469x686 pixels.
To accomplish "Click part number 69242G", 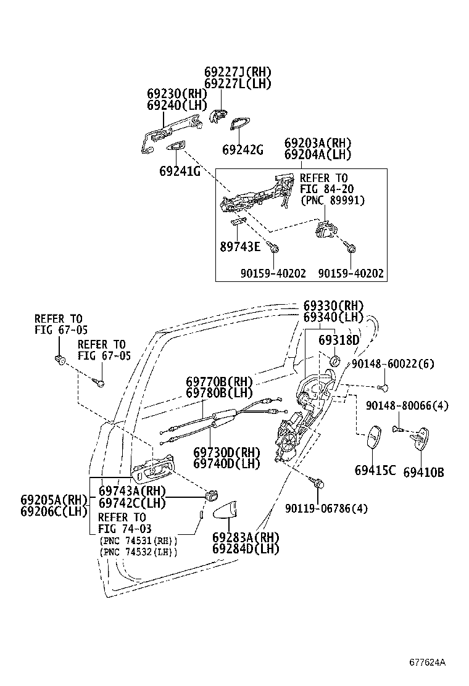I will point(243,150).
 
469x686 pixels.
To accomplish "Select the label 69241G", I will point(180,171).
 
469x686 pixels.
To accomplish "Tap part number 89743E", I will point(240,246).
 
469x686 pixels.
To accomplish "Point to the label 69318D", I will point(339,341).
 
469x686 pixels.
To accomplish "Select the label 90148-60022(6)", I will point(392,365).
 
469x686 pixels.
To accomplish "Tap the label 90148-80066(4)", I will point(407,405).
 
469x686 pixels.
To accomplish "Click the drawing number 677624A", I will point(426,663).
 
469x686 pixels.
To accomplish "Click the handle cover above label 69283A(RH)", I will point(230,511).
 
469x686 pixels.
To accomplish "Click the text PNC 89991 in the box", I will point(333,200).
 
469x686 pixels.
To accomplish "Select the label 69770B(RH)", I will point(220,382).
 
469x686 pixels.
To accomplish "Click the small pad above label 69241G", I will point(176,146).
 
